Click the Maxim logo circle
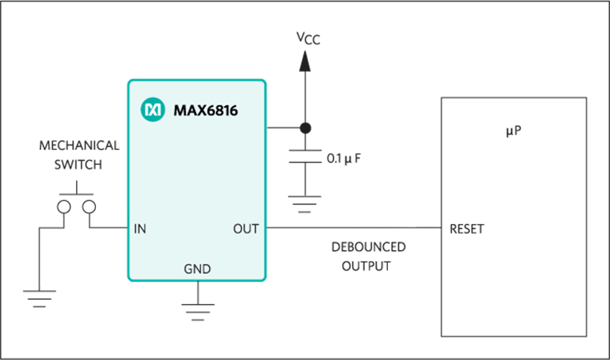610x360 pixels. point(153,109)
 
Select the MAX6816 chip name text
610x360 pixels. point(205,111)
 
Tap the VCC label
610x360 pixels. point(308,39)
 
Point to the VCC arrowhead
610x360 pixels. point(305,61)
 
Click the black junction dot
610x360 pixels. point(305,127)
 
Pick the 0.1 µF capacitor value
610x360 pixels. point(343,159)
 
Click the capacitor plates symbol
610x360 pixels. point(305,156)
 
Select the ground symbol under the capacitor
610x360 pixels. point(305,204)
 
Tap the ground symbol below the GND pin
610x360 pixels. point(197,312)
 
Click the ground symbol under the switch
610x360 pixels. point(39,299)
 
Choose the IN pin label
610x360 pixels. point(140,229)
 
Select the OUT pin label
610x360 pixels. point(246,229)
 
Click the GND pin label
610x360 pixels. point(197,269)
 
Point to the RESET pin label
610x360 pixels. point(467,229)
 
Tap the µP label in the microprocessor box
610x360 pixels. point(513,131)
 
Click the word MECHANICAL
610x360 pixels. point(79,145)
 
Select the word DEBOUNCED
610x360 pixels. point(369,247)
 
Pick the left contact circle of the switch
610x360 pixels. point(64,207)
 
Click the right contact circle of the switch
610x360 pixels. point(89,207)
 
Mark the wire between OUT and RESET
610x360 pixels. point(353,228)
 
